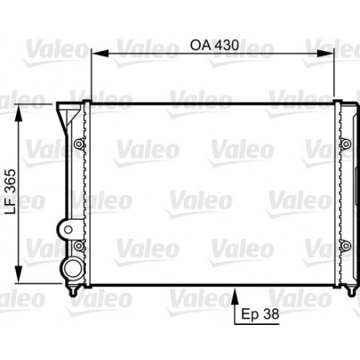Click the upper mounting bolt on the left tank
tap(78, 144)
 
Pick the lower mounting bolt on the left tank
tap(78, 244)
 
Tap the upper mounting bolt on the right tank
tap(345, 144)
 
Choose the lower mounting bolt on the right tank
tap(345, 244)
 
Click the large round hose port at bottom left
tap(72, 268)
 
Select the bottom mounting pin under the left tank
tap(74, 292)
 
